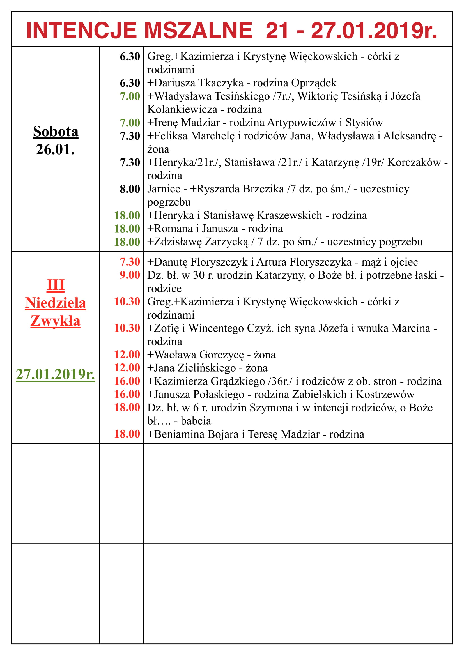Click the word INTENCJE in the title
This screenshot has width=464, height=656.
(81, 31)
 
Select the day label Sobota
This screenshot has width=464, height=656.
(56, 132)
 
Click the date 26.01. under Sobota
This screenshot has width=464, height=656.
(56, 149)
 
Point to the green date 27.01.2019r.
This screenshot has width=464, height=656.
(56, 374)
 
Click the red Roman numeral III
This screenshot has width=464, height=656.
(56, 285)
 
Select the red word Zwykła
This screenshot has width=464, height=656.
(56, 321)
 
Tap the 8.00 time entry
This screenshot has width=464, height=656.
(130, 189)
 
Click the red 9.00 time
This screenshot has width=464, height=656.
(130, 275)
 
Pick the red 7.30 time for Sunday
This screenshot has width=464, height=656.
(130, 262)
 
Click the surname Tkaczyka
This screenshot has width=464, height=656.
(220, 83)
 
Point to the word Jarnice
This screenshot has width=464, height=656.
(164, 189)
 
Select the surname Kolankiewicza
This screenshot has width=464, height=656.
(182, 109)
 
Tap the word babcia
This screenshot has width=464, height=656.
(196, 421)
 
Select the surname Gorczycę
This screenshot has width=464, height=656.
(221, 355)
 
